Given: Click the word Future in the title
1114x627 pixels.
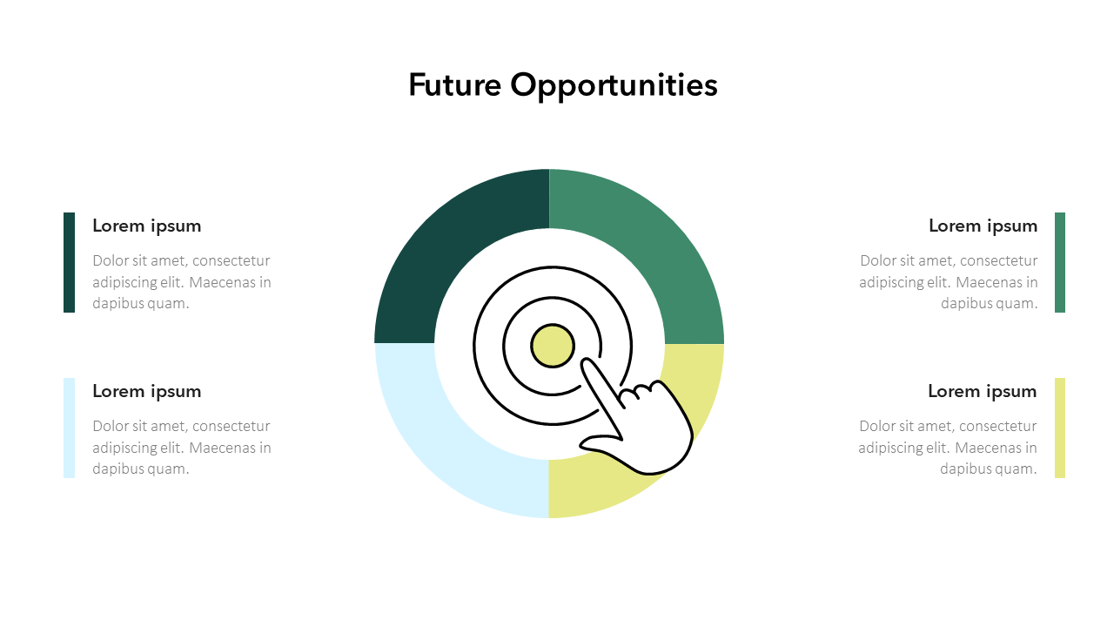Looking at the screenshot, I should tap(455, 85).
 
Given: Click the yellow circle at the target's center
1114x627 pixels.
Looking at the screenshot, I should tap(553, 346).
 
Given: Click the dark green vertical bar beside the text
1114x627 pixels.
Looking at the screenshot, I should tap(70, 262).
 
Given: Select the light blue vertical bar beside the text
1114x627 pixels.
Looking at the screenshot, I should tap(70, 428).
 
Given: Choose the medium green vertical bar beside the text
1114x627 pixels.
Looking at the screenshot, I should tap(1060, 262).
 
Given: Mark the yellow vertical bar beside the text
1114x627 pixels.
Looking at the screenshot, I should tap(1060, 428).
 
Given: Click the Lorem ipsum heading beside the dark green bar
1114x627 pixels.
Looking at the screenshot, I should tap(147, 226).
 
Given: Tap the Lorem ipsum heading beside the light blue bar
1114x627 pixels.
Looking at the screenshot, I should tap(147, 391).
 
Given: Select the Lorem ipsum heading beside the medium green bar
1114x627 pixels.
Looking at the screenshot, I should tap(983, 226).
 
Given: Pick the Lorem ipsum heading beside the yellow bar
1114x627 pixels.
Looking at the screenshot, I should tap(982, 391).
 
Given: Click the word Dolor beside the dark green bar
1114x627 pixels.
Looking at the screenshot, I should tap(111, 260).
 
